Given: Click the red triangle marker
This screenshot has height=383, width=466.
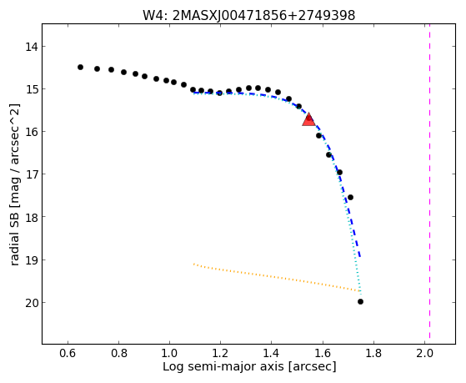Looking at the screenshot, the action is point(308,119).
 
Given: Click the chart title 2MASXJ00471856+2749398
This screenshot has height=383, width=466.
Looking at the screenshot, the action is point(263,16).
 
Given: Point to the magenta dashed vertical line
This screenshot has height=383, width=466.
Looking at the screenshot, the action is point(430,181).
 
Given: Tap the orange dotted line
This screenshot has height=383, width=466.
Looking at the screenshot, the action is point(277,277).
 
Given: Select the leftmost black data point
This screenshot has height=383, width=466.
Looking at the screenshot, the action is point(80,68).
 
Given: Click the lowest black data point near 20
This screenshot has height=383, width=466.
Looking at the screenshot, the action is point(360,302).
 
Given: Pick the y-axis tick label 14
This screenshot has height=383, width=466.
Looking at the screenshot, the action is point(31,47).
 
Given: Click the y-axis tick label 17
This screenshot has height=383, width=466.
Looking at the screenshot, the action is point(31,174).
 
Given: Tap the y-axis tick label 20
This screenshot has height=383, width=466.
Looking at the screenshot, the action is point(31,303).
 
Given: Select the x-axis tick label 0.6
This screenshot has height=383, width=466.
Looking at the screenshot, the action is point(68,353).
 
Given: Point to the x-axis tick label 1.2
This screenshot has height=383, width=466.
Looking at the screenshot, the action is point(220,353).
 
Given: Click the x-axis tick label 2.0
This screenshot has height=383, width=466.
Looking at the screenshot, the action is point(424,353).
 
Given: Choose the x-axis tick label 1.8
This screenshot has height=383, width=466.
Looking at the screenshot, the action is point(373,353).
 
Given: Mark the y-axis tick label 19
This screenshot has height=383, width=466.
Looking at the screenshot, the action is point(31,260).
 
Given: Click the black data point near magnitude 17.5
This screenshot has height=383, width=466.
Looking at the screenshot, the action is point(350,197).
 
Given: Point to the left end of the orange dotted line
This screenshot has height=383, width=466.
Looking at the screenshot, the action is point(193,264).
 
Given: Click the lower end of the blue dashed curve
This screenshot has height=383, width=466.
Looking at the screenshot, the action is point(360,256).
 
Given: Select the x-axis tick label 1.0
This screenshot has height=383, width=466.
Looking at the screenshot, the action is point(169,353).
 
